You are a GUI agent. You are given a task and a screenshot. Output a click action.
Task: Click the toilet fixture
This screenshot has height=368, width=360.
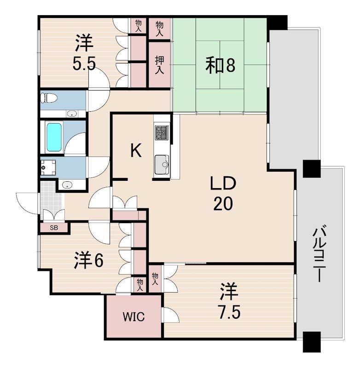tap(49, 98)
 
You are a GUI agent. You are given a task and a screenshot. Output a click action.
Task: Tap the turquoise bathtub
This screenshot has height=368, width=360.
tap(54, 137)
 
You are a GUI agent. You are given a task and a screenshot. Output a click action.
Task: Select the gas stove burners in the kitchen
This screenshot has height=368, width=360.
tap(162, 132)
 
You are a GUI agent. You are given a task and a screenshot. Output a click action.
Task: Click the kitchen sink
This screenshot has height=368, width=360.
tap(162, 164)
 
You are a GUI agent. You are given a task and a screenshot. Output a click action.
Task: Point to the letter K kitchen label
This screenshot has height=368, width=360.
tap(136, 150)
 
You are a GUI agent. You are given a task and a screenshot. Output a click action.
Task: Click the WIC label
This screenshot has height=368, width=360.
tap(134, 317)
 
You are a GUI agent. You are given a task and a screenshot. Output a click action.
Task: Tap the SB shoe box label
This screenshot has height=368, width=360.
tap(54, 227)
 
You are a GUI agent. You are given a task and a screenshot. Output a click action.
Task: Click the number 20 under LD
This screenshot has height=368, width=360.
tap(223, 203)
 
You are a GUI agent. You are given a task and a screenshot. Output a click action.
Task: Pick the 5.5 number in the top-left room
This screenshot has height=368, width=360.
tap(84, 64)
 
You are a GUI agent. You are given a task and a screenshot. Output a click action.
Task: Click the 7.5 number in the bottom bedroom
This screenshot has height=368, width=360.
tap(229, 313)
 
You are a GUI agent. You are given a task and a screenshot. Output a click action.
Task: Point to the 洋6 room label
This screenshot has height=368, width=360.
tap(88, 260)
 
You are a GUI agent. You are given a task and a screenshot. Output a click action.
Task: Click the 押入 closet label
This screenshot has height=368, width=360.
tap(159, 65)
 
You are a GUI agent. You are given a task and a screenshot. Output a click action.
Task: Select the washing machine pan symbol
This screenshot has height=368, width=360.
tap(48, 168)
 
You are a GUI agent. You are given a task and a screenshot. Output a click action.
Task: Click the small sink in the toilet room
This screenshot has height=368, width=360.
tap(71, 114)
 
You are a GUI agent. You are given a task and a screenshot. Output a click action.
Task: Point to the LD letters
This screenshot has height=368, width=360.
tap(223, 183)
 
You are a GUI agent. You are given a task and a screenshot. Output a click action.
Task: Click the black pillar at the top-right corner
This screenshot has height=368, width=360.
tap(277, 23)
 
